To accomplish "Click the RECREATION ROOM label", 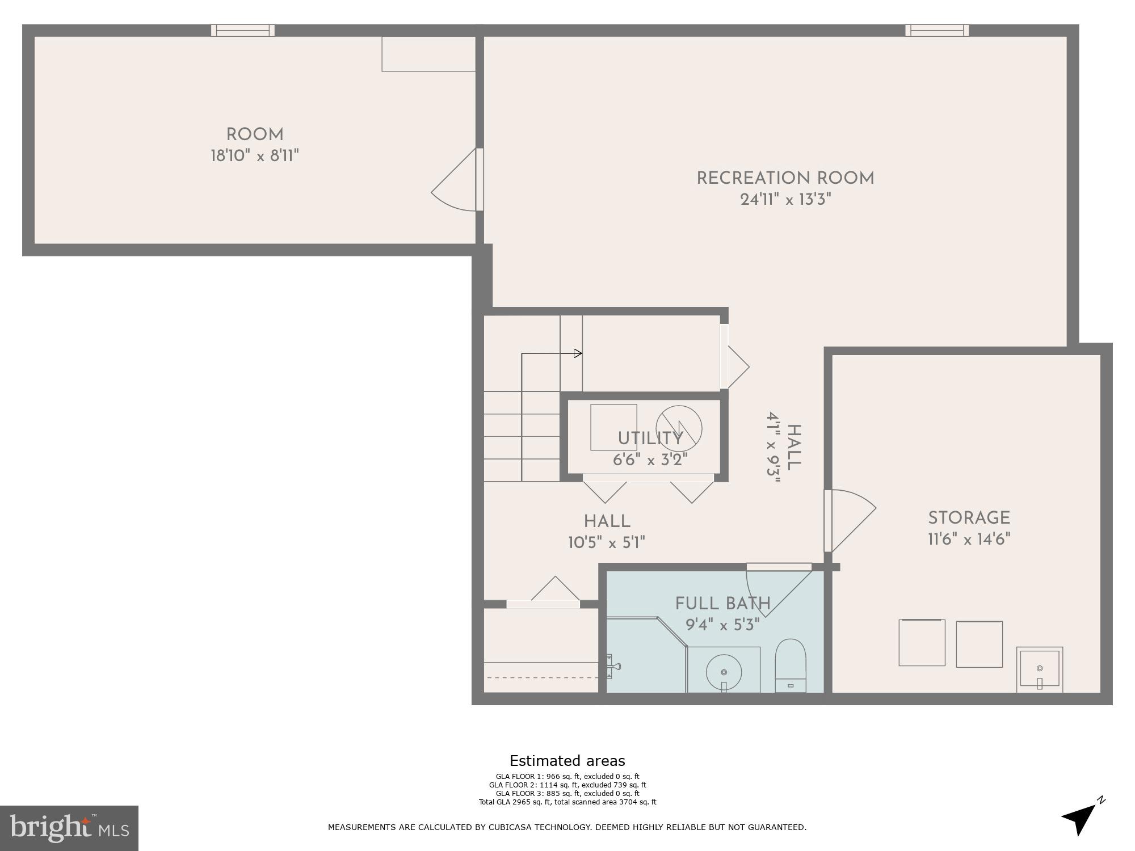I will point(785,178).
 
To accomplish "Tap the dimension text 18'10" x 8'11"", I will point(254,155).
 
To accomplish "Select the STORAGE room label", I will point(969,518).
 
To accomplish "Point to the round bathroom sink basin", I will point(724,672).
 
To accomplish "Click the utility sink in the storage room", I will point(1039,669).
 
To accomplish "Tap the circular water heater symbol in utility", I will point(679,429).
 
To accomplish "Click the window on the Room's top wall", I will point(243,30).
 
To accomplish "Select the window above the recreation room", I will point(937,30).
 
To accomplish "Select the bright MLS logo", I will point(69,828).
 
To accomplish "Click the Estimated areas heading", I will point(567,761).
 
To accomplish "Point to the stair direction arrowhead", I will point(578,353).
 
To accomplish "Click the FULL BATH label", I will point(722,604).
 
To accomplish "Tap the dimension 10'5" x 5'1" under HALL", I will point(606,543).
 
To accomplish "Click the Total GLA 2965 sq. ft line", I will point(567,802).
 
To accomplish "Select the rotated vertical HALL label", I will point(793,447).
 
